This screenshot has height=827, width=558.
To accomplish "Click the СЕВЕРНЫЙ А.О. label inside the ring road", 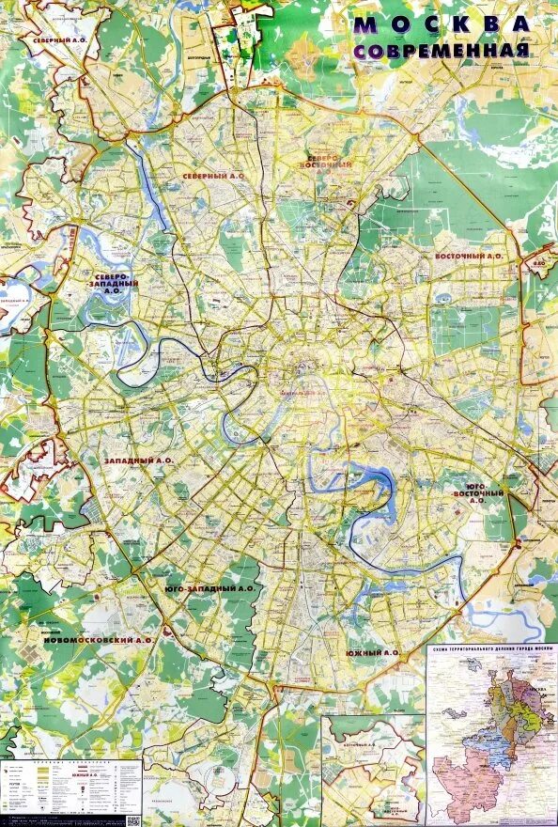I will click(x=213, y=174).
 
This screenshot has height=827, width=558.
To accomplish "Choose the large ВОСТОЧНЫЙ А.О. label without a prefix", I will click(x=469, y=256).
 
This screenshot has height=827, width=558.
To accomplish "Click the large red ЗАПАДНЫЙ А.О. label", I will click(x=139, y=460).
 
